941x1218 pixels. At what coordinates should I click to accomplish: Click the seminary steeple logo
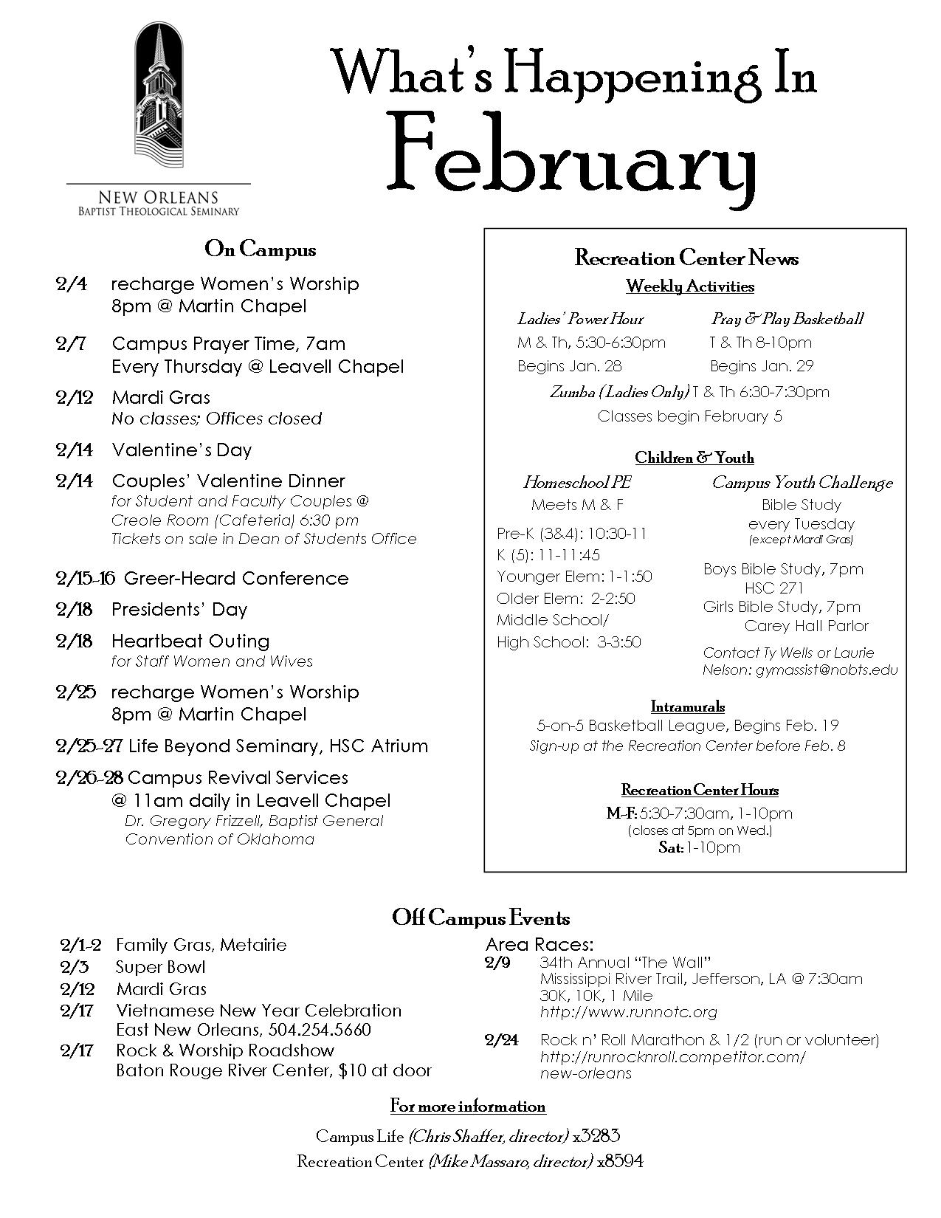[x=158, y=100]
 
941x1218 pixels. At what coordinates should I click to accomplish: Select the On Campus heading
[x=260, y=250]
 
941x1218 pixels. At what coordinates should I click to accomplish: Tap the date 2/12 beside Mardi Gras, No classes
[x=75, y=397]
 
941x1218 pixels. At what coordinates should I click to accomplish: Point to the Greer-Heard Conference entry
[x=236, y=578]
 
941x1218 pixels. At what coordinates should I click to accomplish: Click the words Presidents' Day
[x=179, y=610]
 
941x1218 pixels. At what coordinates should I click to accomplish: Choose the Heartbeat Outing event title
[x=190, y=641]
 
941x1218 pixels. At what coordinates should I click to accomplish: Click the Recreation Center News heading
[x=686, y=258]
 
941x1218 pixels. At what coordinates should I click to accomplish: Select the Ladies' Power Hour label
[x=580, y=319]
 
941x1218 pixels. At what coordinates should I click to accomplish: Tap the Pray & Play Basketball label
[x=787, y=319]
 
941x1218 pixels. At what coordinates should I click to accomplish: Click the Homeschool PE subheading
[x=577, y=483]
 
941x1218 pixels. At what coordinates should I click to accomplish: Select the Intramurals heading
[x=688, y=706]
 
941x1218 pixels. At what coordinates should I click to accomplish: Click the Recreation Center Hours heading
[x=700, y=790]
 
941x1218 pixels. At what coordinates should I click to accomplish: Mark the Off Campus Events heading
[x=480, y=918]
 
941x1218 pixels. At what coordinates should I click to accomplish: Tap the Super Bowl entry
[x=160, y=967]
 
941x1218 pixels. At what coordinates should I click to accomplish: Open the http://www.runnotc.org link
[x=628, y=1012]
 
